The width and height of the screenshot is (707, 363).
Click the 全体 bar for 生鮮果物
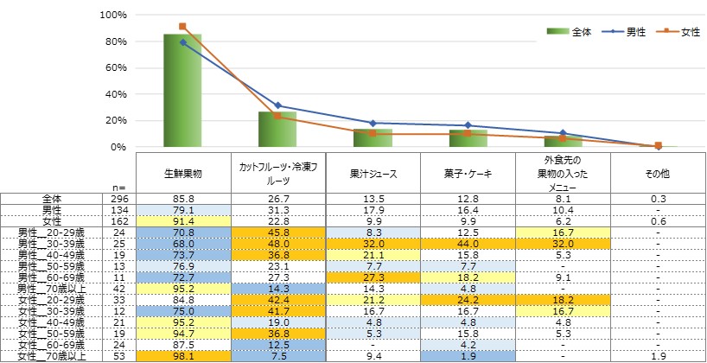click(x=182, y=91)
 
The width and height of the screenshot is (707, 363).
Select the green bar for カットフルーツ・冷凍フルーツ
click(x=277, y=129)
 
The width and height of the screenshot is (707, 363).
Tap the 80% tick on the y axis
click(x=114, y=41)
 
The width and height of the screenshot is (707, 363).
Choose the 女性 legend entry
click(x=682, y=32)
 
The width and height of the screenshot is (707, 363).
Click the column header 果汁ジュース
click(x=373, y=174)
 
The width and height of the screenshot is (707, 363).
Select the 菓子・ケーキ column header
click(x=468, y=174)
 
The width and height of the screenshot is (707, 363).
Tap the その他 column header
click(x=658, y=174)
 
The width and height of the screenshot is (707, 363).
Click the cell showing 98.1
click(x=182, y=354)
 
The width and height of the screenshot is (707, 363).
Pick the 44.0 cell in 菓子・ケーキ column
click(x=468, y=245)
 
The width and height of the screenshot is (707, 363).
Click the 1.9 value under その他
click(x=658, y=354)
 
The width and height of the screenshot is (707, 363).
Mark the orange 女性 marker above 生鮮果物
click(x=182, y=27)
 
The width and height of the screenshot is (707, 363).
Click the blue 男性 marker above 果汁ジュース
click(x=373, y=124)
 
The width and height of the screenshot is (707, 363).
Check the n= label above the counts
click(x=119, y=187)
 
